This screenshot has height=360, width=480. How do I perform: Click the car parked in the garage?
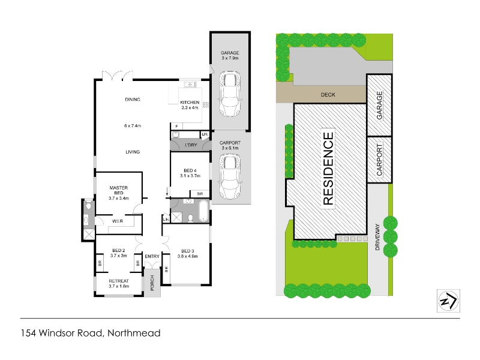pos(230,94)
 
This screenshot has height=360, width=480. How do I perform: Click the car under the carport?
pos(230,177)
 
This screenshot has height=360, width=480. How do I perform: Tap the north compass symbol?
pos(448,301)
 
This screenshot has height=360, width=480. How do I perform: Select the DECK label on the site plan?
pos(328,95)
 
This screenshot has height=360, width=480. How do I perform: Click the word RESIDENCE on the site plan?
pos(328,169)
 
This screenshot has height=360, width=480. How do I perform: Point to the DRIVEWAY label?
pos(377,237)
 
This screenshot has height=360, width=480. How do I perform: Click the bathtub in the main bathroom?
pos(203,211)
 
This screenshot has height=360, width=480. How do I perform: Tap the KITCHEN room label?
pos(190,102)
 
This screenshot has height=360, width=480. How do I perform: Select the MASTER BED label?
pos(119,190)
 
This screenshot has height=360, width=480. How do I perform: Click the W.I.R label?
pos(118,221)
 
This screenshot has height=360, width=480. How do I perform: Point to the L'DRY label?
pos(191,145)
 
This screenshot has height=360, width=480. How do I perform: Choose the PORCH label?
pos(152,283)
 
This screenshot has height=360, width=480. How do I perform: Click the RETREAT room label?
pos(119,281)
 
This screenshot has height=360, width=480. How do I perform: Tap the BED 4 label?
pos(190,170)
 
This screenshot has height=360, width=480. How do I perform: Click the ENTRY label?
pos(152,256)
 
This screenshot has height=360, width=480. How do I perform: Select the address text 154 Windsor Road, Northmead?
pos(91,333)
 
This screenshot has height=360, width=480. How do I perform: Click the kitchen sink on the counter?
pos(190,84)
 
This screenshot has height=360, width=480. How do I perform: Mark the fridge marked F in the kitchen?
pos(176,126)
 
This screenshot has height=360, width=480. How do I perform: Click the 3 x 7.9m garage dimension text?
pos(230,58)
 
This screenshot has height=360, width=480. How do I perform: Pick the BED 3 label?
pos(188,251)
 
